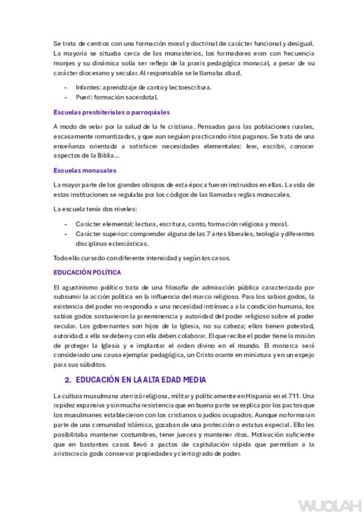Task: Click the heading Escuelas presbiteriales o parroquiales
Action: [x=111, y=112]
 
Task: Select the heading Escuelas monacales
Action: [x=85, y=170]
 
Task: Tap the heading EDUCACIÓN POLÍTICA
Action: [x=87, y=272]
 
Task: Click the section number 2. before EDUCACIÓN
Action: [x=68, y=380]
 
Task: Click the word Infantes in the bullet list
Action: [x=88, y=88]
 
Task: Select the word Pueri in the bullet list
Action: [x=83, y=97]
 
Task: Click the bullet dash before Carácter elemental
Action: [x=65, y=223]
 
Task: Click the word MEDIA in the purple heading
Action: [x=190, y=380]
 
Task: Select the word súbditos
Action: [x=92, y=364]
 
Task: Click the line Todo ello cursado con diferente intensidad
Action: [x=142, y=258]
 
